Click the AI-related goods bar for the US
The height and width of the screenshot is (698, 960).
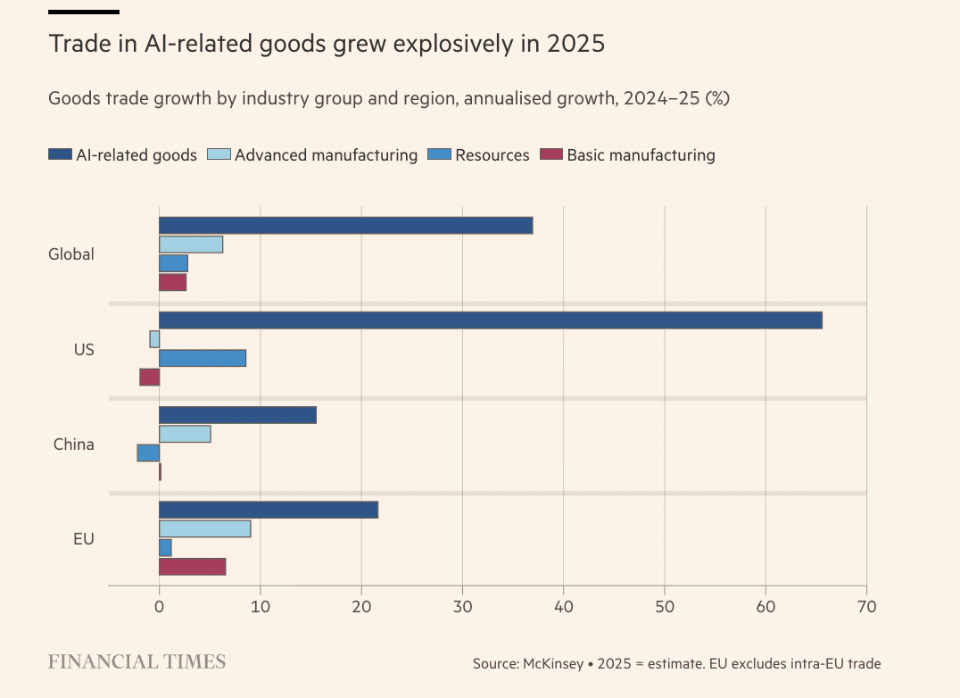491,320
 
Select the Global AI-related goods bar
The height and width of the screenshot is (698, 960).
345,226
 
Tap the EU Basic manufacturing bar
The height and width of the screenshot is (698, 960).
192,566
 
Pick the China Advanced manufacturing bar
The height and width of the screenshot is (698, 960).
185,434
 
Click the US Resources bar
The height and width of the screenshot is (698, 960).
203,358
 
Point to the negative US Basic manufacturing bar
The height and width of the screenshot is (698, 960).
150,377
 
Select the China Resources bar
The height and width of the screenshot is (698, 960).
148,453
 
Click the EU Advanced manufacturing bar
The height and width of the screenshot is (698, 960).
204,528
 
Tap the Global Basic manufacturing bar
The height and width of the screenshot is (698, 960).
172,282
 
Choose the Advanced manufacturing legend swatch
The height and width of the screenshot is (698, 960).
218,155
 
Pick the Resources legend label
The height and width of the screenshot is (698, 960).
492,155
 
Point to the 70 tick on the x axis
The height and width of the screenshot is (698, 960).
866,607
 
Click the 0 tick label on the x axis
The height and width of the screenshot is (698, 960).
159,607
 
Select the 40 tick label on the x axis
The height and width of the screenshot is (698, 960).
563,607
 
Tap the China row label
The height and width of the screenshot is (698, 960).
73,444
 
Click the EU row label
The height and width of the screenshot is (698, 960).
83,538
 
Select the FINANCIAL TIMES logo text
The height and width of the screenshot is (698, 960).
137,661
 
